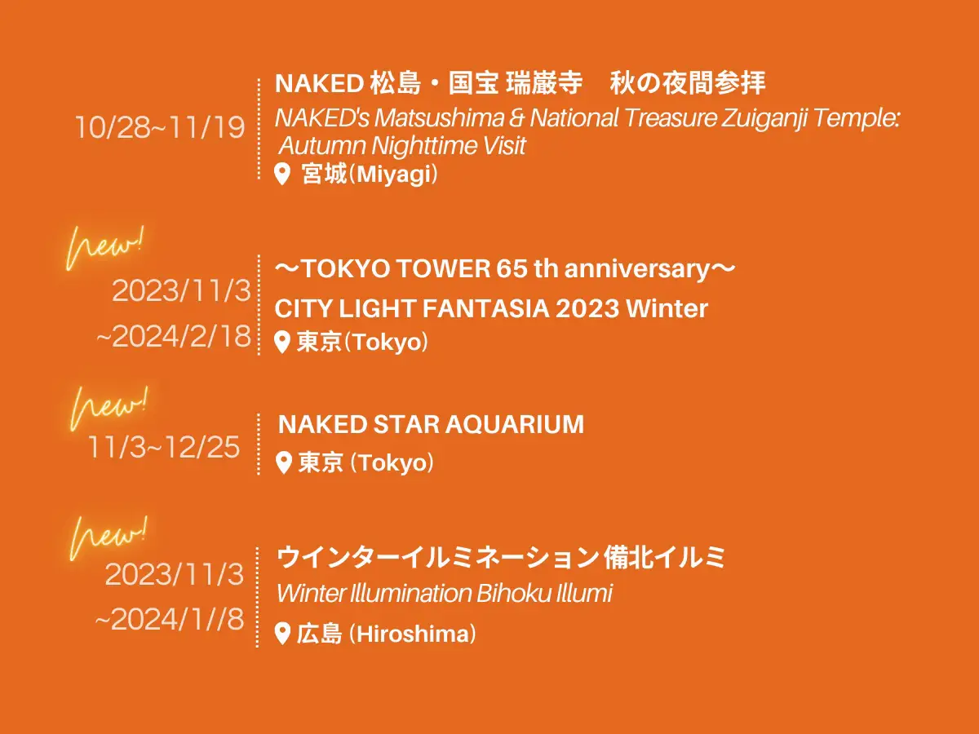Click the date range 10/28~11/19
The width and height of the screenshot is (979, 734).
pyautogui.click(x=160, y=127)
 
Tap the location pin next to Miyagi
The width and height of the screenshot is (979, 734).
pyautogui.click(x=282, y=174)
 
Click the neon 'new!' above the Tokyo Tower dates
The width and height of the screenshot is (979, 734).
pyautogui.click(x=105, y=247)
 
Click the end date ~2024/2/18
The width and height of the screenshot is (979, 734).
pyautogui.click(x=174, y=336)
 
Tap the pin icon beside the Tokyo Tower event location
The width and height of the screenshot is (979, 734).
pyautogui.click(x=282, y=343)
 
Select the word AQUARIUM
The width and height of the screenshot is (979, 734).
pyautogui.click(x=515, y=424)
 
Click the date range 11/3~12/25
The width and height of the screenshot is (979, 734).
pyautogui.click(x=164, y=447)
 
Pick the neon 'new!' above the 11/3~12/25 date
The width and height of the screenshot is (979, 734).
pyautogui.click(x=109, y=408)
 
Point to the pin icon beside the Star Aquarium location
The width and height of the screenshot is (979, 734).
pyautogui.click(x=284, y=462)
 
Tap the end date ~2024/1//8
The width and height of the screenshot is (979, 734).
pyautogui.click(x=170, y=620)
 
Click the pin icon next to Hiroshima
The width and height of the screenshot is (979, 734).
pyautogui.click(x=282, y=634)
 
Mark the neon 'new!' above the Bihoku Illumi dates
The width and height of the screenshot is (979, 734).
pyautogui.click(x=109, y=538)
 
